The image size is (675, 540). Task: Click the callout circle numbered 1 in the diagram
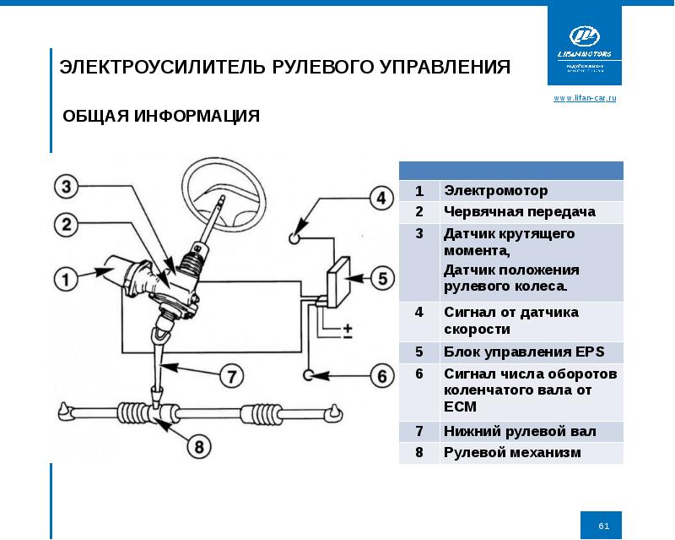63,276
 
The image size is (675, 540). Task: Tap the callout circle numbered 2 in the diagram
67,225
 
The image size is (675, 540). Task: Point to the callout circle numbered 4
380,199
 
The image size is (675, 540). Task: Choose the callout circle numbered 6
380,374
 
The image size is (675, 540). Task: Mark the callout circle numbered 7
229,374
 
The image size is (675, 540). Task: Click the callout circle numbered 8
199,445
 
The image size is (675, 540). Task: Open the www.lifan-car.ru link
585,99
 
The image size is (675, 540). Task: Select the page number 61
603,526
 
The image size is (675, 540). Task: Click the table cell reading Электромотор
496,191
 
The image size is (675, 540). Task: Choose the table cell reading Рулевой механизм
512,453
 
